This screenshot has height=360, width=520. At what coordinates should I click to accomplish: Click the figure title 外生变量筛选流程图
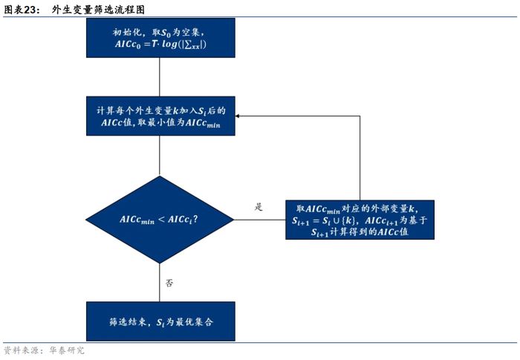pos(98,10)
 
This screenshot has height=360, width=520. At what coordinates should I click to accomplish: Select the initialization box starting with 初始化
pos(161,38)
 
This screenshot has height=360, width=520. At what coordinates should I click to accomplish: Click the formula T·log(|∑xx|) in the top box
pos(179,44)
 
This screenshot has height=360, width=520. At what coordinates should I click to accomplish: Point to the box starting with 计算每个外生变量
pos(161,116)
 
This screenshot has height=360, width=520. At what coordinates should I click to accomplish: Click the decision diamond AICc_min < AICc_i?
pos(160,220)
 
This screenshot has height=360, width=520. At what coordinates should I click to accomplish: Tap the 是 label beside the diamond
pos(259,207)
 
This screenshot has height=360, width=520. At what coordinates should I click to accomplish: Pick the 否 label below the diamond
pos(169,283)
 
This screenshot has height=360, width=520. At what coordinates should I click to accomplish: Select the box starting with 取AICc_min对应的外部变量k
pos(360,220)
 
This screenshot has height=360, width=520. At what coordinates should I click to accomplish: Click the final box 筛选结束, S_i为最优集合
pos(161,321)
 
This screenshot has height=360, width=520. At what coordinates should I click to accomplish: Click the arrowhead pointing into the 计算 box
pos(238,116)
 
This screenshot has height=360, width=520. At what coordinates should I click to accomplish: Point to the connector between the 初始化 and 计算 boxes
pos(160,77)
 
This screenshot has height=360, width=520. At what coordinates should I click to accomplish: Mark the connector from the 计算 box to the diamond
pos(160,155)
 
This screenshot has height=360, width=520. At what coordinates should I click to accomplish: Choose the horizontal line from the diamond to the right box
pos(260,220)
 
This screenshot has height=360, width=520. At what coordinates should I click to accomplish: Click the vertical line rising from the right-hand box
pos(360,158)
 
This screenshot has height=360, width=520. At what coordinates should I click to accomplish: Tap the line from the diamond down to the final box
pos(160,282)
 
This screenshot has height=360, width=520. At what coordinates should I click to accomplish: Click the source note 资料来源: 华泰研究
pos(44,350)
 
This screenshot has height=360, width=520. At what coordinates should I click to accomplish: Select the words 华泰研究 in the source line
pos(67,350)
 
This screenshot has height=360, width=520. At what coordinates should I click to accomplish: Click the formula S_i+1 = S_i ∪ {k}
pos(324,220)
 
